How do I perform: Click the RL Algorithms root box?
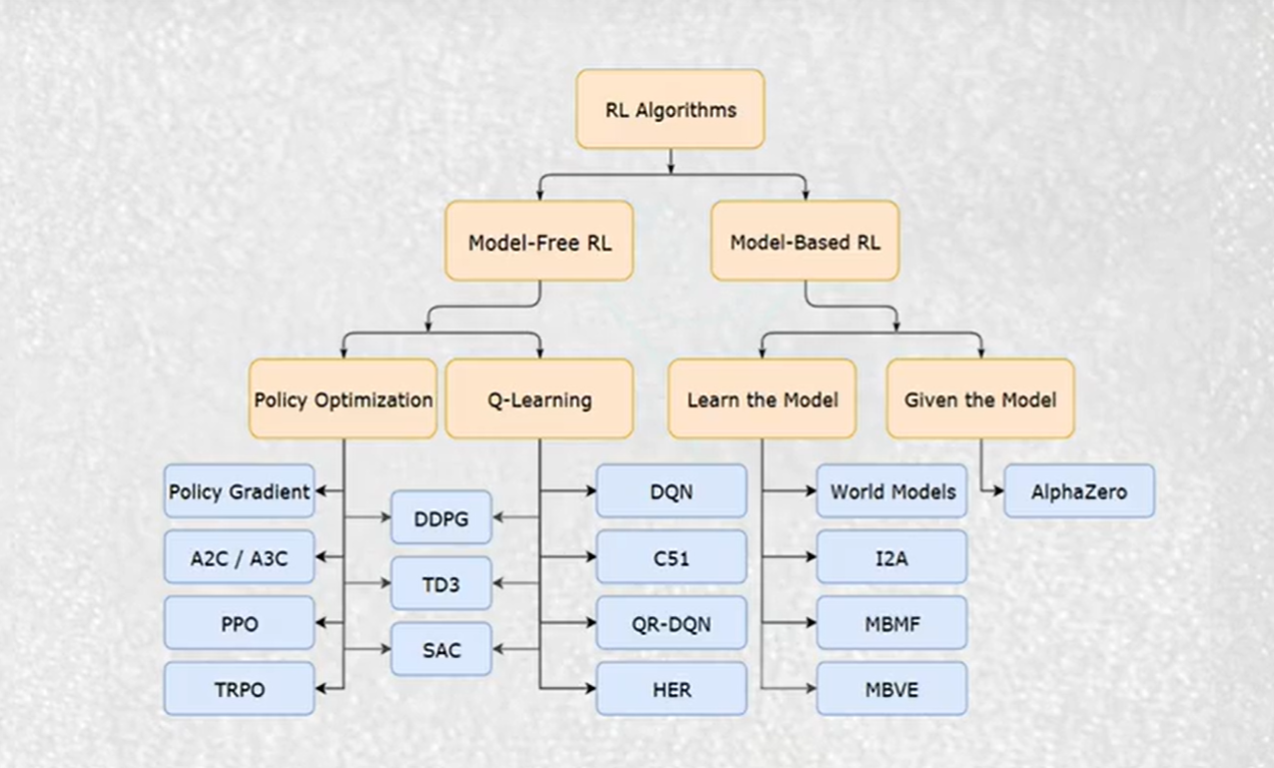pos(670,109)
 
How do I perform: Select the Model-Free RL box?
pos(539,241)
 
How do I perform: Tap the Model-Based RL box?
pos(805,241)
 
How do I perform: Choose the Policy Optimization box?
pos(342,399)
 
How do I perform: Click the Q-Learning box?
pos(539,399)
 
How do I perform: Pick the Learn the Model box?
pos(762,399)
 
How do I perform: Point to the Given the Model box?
pos(979,399)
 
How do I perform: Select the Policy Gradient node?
pos(239,491)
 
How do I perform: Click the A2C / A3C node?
pos(239,557)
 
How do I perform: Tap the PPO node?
pos(239,623)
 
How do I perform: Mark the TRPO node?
pos(239,689)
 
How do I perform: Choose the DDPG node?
pos(440,517)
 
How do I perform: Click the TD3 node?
pos(440,583)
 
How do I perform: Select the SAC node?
pos(440,649)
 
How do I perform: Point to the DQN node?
pos(671,491)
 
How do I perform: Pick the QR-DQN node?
pos(671,623)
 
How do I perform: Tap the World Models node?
pos(892,491)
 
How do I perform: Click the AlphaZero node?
pos(1079,491)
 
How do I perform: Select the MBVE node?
pos(892,689)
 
